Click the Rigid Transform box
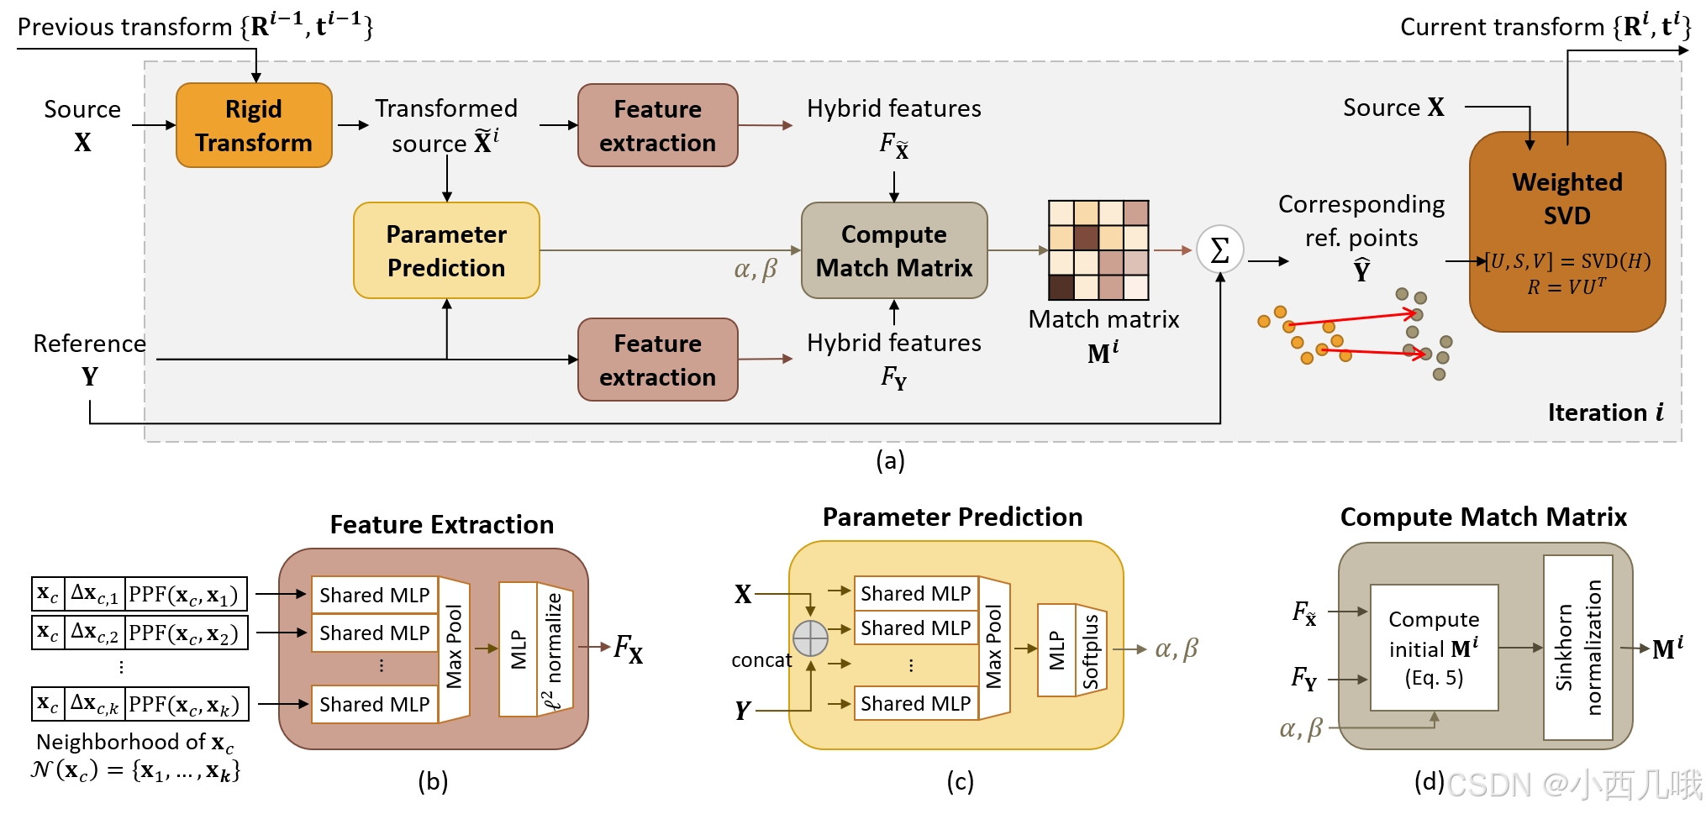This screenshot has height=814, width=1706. click(254, 125)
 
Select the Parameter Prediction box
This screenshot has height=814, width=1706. click(446, 250)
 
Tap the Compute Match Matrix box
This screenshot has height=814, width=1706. click(893, 250)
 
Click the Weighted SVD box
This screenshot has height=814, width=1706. click(1566, 231)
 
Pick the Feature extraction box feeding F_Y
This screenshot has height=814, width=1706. click(657, 360)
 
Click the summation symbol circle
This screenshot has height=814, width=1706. click(1219, 249)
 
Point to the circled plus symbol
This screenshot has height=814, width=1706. click(810, 638)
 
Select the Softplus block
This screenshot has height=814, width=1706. click(1091, 651)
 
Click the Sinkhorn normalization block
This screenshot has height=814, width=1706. click(1577, 647)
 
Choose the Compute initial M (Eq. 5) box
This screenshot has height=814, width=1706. click(1434, 648)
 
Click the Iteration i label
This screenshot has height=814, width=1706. click(1604, 412)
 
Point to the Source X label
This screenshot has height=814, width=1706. click(1393, 108)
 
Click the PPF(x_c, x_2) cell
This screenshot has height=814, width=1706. click(185, 633)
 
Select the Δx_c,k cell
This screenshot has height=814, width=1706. click(94, 704)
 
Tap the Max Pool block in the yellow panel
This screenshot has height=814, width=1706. click(994, 648)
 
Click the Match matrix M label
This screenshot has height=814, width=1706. click(1103, 334)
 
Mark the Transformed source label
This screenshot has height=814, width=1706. click(445, 125)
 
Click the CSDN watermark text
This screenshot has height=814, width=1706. click(1572, 785)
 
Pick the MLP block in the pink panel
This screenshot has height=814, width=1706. click(518, 649)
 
